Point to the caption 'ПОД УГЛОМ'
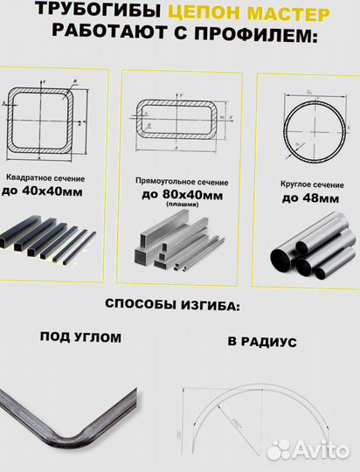click(x=80, y=337)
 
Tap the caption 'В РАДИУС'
click(x=261, y=342)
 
